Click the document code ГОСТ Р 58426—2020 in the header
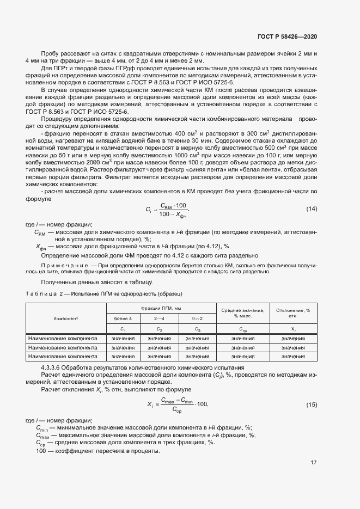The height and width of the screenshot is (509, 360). pyautogui.click(x=286, y=36)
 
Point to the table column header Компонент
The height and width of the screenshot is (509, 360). pyautogui.click(x=66, y=318)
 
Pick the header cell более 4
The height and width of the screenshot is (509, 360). pyautogui.click(x=123, y=318)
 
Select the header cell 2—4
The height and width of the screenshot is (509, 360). pyautogui.click(x=159, y=318)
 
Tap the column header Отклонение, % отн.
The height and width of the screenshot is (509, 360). pyautogui.click(x=293, y=312)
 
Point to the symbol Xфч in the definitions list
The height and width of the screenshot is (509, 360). pyautogui.click(x=42, y=247)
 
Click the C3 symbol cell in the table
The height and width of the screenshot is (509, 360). pyautogui.click(x=197, y=329)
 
